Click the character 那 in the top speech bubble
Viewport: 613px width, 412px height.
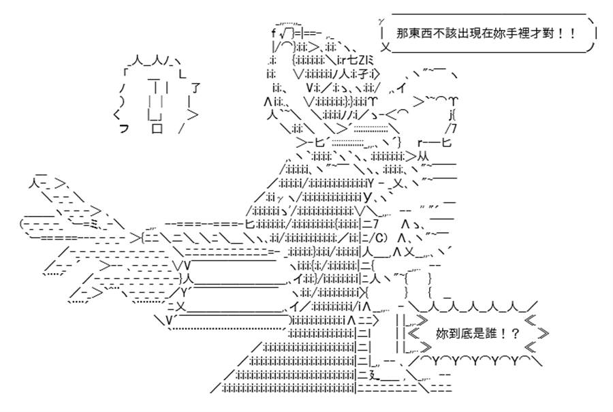click(x=403, y=33)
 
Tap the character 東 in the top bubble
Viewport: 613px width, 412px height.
click(x=413, y=33)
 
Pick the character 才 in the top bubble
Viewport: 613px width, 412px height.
click(x=537, y=33)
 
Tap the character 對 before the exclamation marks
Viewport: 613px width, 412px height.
click(x=549, y=33)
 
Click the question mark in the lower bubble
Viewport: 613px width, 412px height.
click(x=515, y=334)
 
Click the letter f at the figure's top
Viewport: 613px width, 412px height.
click(x=273, y=33)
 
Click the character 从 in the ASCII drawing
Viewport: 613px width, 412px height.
click(x=423, y=156)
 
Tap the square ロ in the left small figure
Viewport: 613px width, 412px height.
click(x=157, y=128)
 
